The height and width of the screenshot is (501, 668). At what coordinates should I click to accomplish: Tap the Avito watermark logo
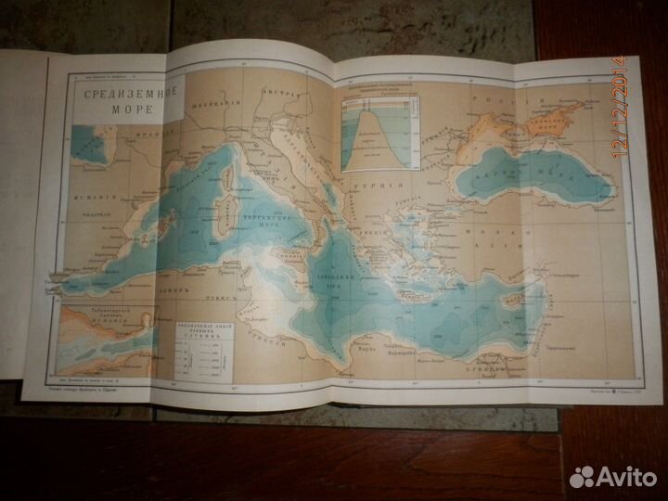coord(610,475)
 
